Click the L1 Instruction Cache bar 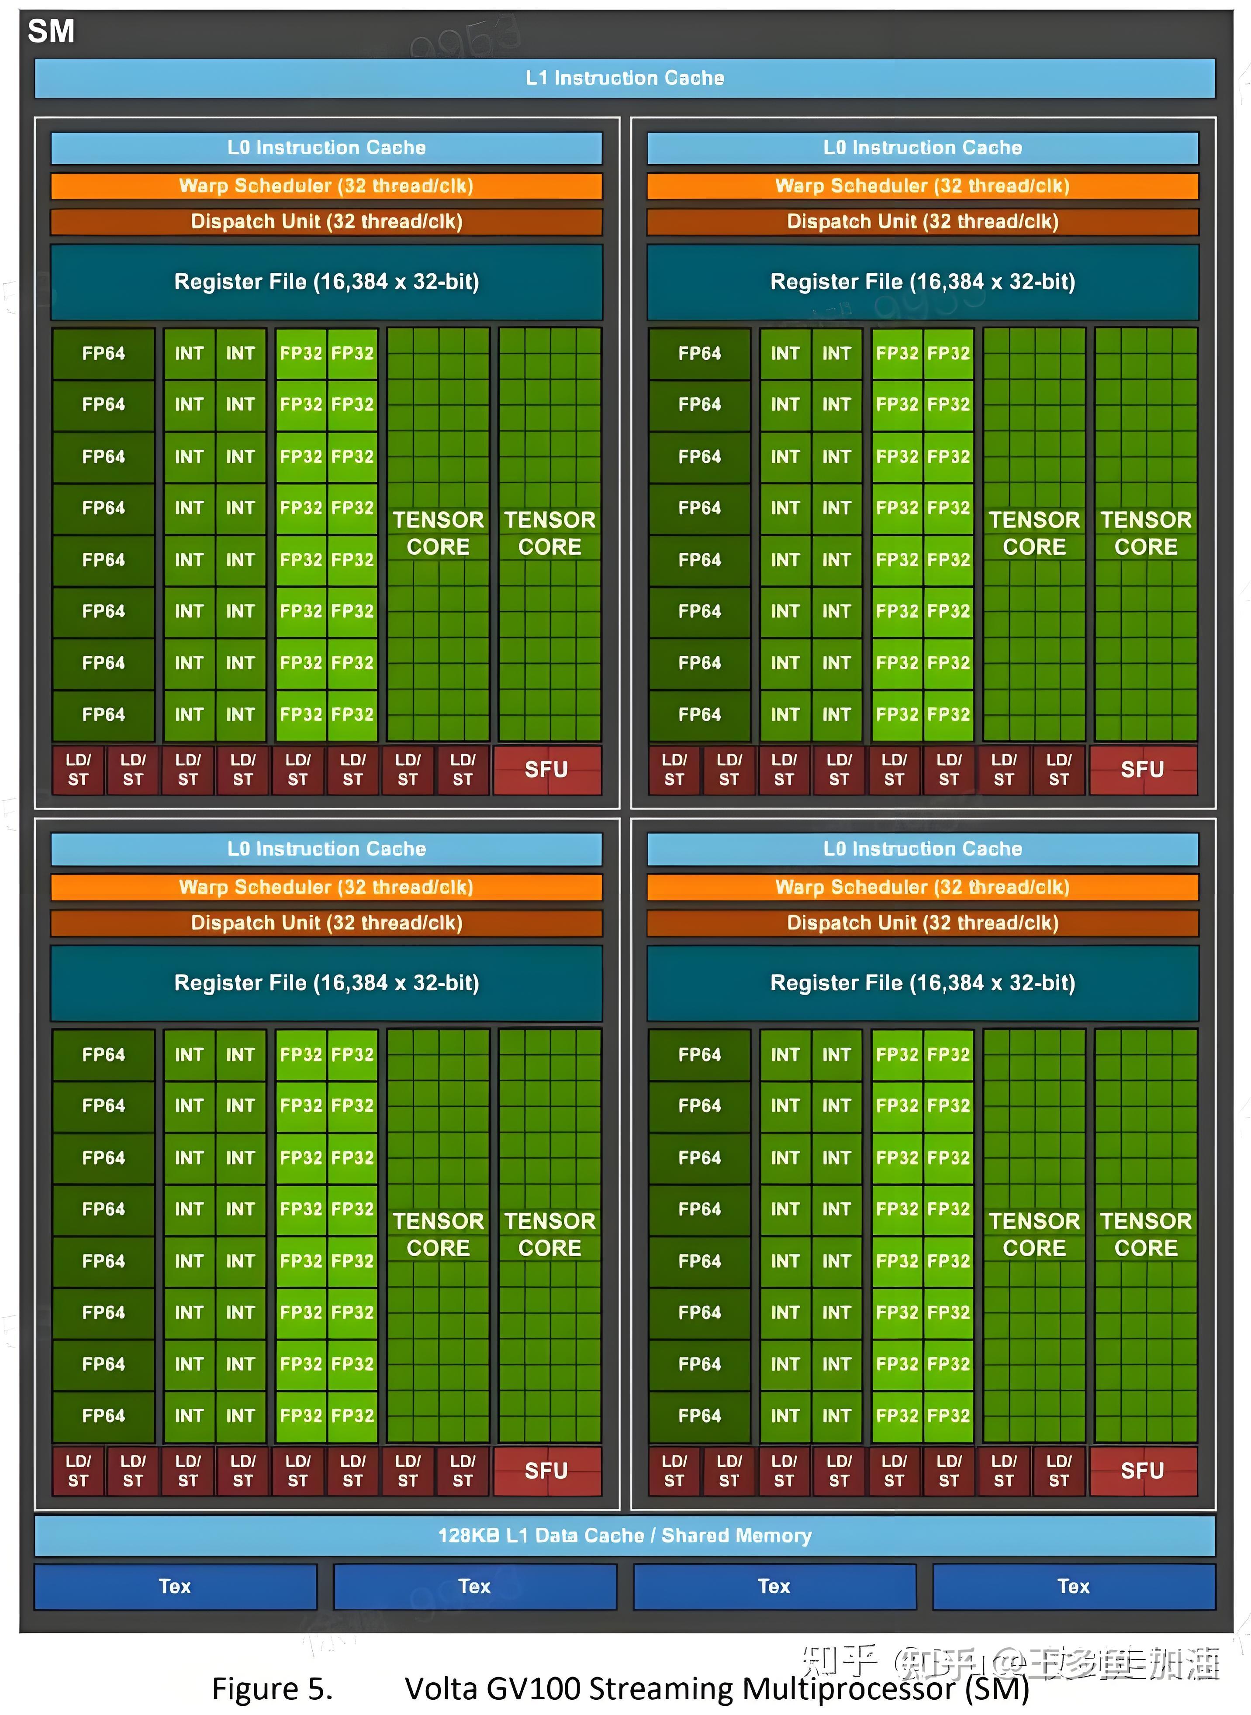[625, 78]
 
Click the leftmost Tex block [175, 1586]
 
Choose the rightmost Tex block [1073, 1586]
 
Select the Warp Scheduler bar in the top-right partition [923, 186]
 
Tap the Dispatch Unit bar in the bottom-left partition [326, 923]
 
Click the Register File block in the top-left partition [326, 282]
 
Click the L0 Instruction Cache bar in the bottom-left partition [326, 848]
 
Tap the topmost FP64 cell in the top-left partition [104, 354]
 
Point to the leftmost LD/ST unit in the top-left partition [78, 770]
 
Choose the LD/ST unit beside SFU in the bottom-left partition [463, 1470]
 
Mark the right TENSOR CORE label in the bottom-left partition [550, 1234]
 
